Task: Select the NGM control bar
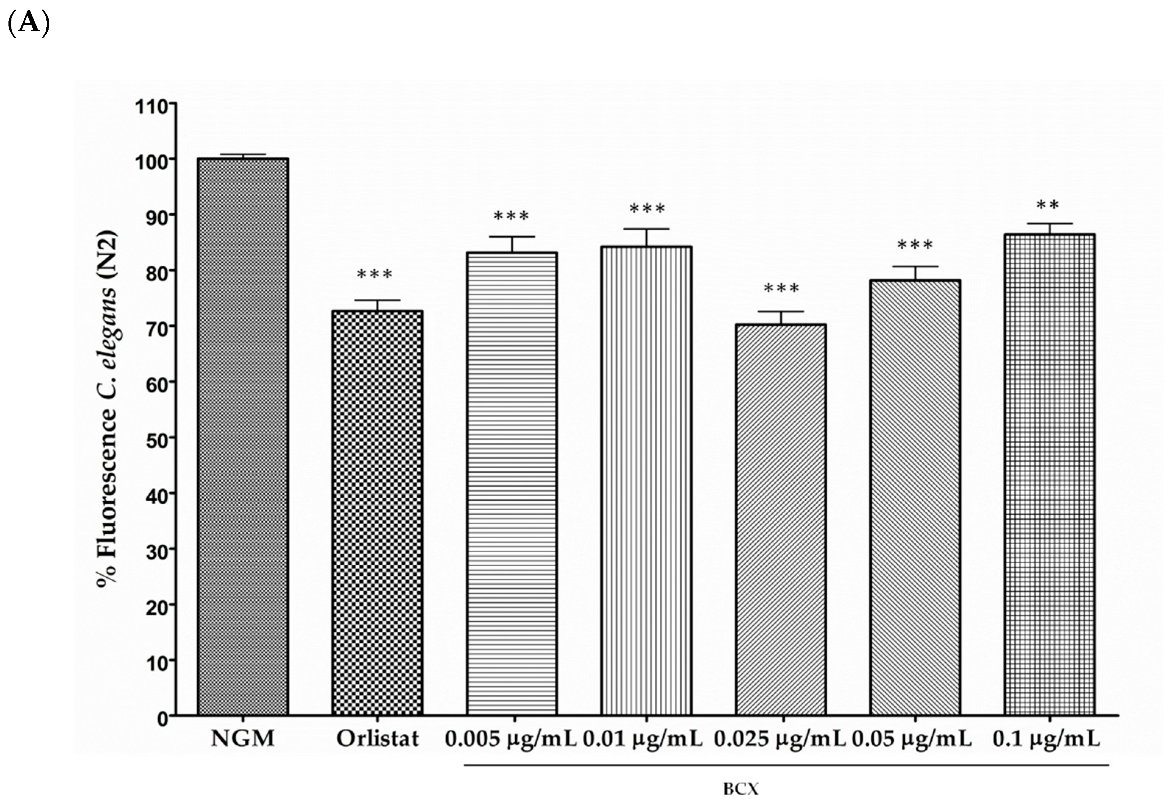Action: (243, 437)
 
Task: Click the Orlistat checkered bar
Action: (377, 512)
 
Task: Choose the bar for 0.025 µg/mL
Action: (781, 520)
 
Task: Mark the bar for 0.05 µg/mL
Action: (915, 497)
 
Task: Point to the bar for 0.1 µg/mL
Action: (1049, 475)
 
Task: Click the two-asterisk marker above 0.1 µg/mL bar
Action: (1048, 206)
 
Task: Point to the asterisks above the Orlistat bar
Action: (374, 275)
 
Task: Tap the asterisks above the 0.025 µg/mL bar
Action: (781, 289)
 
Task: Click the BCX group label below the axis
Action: (741, 789)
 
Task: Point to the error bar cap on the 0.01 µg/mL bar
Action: (646, 229)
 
